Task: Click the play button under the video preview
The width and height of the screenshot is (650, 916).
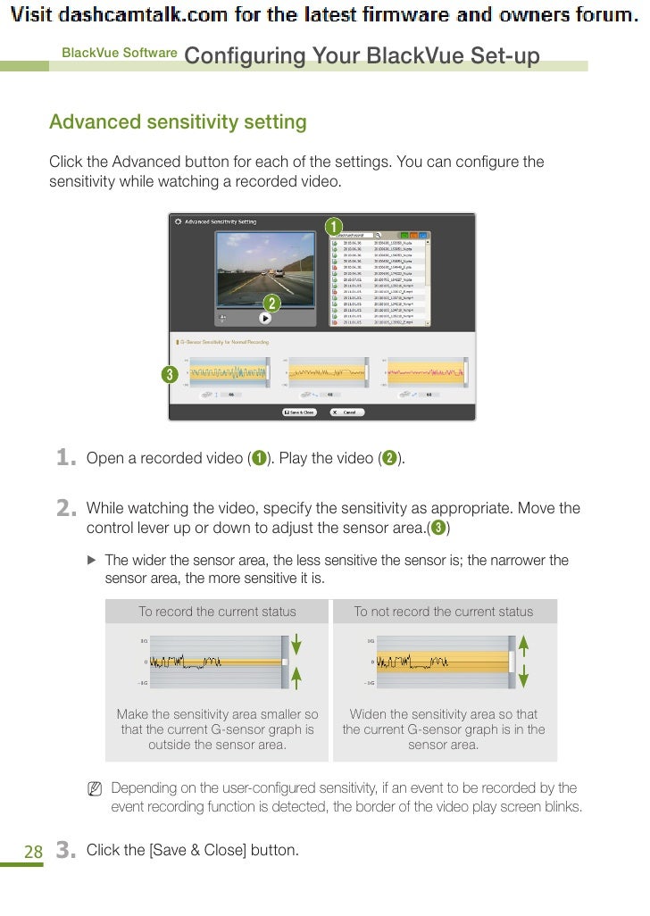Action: click(265, 316)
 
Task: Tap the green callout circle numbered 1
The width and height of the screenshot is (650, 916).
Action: click(333, 224)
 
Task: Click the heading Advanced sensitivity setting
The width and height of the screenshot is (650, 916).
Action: click(178, 122)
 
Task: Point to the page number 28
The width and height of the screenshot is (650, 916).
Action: click(33, 852)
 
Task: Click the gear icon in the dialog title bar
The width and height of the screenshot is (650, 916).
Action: click(177, 221)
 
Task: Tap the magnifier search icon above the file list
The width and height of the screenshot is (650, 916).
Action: click(379, 235)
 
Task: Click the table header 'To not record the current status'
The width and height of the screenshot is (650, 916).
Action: click(444, 612)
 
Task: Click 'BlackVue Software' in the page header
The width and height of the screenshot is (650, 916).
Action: click(119, 53)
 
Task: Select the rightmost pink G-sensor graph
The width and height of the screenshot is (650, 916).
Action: click(424, 373)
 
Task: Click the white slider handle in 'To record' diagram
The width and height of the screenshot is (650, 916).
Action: click(283, 662)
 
